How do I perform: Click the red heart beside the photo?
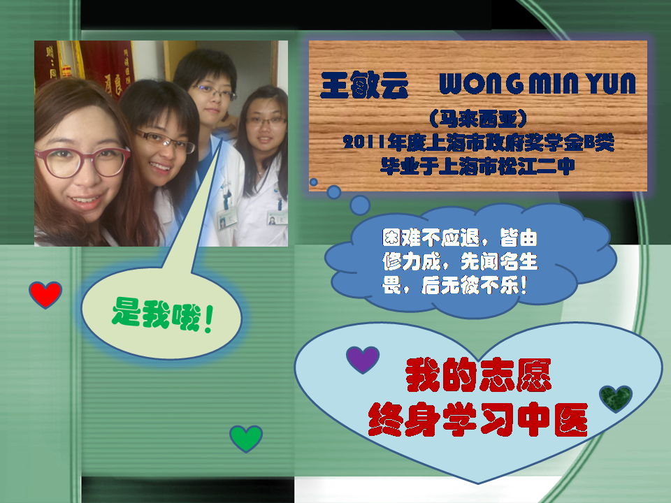click(x=45, y=295)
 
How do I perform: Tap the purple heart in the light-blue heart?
click(x=363, y=359)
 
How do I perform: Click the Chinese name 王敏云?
click(x=364, y=85)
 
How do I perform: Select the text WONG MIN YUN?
click(x=537, y=83)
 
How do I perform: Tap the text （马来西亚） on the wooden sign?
click(x=478, y=119)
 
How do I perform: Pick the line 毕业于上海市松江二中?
click(x=477, y=166)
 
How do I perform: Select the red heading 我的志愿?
click(x=478, y=375)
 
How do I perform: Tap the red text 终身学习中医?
click(x=478, y=419)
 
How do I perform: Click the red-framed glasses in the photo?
click(x=82, y=162)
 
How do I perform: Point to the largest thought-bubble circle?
click(x=360, y=205)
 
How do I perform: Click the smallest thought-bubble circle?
click(x=314, y=182)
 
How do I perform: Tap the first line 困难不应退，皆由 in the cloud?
click(x=460, y=238)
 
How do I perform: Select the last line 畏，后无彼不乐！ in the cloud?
click(x=454, y=285)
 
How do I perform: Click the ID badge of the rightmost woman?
click(x=277, y=218)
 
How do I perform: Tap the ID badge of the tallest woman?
click(x=226, y=219)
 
